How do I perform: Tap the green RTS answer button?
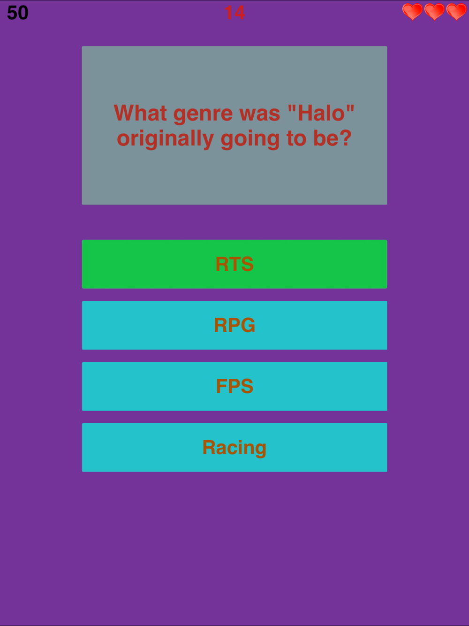234,264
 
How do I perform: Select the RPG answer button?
234,325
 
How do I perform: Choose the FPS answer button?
234,386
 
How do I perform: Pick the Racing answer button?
234,447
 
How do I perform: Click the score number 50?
18,13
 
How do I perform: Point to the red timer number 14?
234,13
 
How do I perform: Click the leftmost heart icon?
412,12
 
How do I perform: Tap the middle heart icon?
434,12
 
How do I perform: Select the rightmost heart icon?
456,12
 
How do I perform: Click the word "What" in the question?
140,113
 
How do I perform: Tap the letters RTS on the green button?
234,264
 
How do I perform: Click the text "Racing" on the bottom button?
234,448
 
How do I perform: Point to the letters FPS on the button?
234,386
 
